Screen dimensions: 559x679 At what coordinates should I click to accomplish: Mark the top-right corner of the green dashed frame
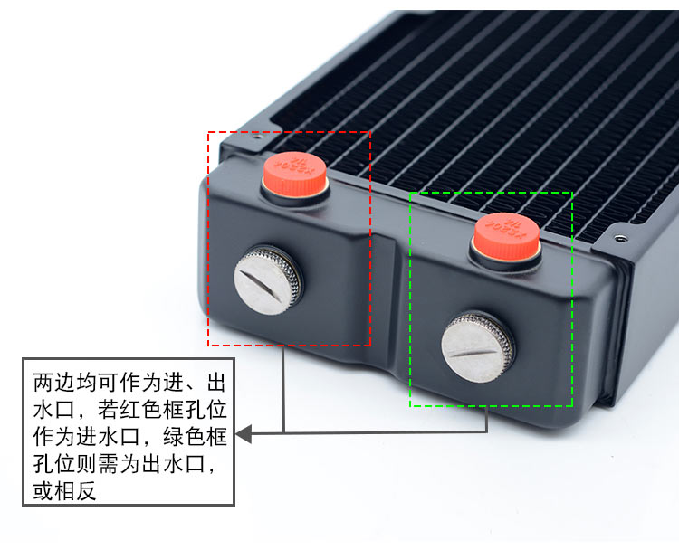(572, 193)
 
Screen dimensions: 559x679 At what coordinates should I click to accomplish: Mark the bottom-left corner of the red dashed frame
(209, 345)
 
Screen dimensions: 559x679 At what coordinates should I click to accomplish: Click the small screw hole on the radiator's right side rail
(620, 240)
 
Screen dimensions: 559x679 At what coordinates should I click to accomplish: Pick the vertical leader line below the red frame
(284, 389)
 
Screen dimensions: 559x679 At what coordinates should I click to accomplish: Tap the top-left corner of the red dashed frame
(209, 132)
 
